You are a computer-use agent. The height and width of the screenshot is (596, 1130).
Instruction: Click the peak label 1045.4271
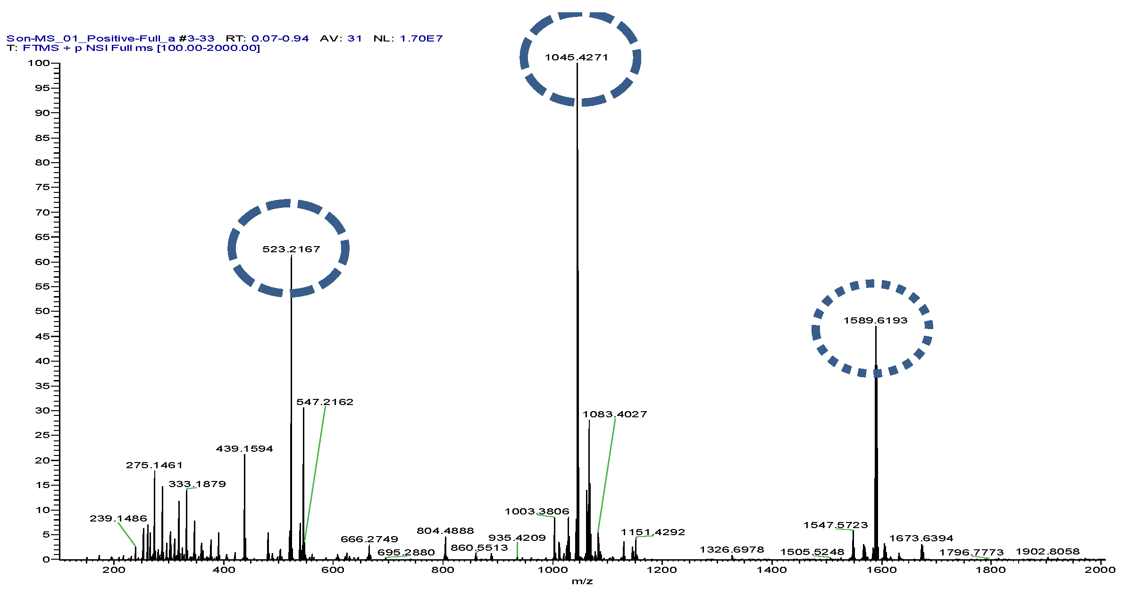tap(576, 58)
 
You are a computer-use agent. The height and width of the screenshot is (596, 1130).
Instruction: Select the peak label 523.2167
tap(291, 249)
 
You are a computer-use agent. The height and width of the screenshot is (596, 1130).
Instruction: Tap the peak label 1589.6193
tap(875, 321)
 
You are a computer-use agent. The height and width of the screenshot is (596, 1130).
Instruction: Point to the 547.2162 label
tap(325, 402)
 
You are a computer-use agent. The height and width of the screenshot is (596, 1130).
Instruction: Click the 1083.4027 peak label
tap(614, 414)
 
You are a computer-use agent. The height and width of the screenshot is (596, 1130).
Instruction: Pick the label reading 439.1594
tap(244, 449)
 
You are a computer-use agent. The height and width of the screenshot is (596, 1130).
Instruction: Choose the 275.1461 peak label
tap(154, 465)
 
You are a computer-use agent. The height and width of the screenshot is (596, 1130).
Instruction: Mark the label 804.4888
tap(445, 531)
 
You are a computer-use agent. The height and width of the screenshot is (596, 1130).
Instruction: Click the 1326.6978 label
tap(731, 550)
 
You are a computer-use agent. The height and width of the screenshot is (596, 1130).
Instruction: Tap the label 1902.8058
tap(1047, 552)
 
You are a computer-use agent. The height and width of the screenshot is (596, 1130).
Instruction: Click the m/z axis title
tap(582, 581)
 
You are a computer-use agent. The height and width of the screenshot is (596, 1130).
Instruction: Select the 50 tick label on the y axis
tap(42, 311)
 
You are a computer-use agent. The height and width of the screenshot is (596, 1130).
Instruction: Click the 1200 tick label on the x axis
tap(661, 570)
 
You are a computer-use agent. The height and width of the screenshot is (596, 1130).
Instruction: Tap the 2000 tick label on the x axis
tap(1100, 570)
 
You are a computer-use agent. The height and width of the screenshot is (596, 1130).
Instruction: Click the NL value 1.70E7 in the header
tap(421, 39)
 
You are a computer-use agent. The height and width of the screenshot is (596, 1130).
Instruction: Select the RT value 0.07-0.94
tap(280, 39)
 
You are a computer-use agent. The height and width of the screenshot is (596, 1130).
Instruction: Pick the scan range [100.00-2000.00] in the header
tap(208, 48)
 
